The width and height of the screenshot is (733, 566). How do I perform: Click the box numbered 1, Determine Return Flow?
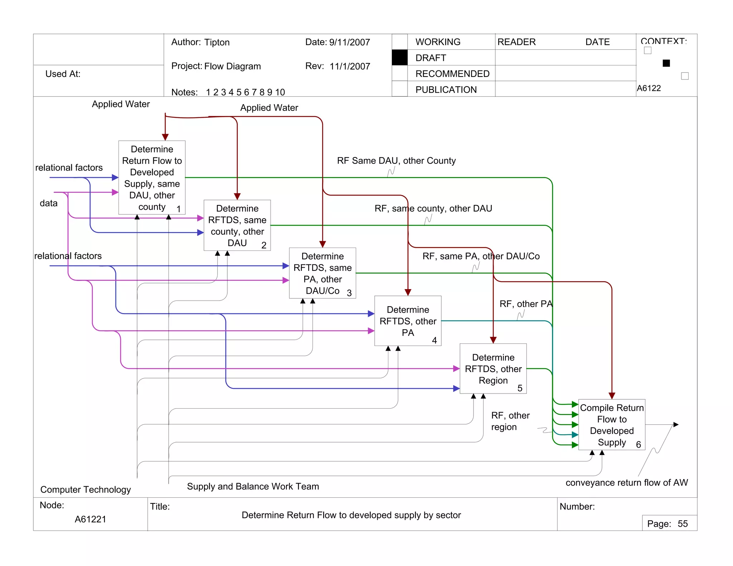152,177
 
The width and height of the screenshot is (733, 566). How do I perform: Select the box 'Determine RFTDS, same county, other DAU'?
237,225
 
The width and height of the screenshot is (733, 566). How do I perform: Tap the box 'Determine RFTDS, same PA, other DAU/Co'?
322,273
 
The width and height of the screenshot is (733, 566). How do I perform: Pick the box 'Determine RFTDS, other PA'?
408,321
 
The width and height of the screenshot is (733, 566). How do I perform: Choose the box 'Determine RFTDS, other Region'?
493,369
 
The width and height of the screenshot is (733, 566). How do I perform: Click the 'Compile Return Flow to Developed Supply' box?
612,425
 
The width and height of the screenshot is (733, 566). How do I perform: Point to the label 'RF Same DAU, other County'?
396,161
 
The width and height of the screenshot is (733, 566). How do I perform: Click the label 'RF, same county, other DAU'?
433,208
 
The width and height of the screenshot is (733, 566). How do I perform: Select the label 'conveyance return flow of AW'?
626,483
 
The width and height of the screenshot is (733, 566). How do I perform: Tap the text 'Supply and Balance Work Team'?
253,486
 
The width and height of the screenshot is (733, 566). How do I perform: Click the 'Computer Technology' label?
86,489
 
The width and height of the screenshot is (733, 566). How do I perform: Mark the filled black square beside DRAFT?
399,58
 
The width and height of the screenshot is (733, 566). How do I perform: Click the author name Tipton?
217,42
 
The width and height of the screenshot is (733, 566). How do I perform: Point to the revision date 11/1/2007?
350,66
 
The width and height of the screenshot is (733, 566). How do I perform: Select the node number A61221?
90,519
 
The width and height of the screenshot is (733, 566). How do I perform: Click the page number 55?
683,524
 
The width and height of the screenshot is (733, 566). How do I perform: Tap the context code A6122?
649,88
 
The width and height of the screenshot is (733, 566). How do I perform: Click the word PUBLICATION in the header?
446,89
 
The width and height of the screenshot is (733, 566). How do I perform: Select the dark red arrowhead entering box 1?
165,137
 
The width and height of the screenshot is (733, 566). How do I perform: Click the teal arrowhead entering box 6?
575,435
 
